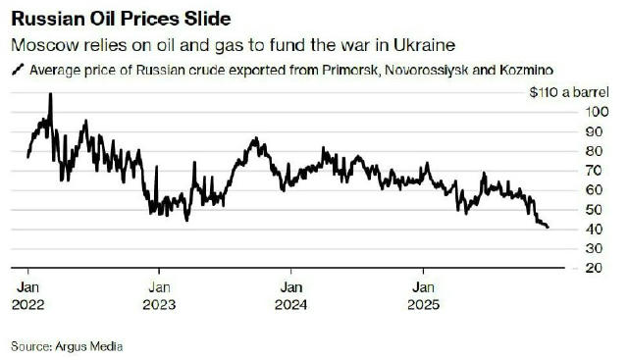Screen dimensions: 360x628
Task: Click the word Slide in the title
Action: (209, 20)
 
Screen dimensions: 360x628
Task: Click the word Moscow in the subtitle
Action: (41, 46)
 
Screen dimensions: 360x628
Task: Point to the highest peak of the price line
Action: (50, 94)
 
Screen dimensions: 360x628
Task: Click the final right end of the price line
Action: (549, 228)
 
